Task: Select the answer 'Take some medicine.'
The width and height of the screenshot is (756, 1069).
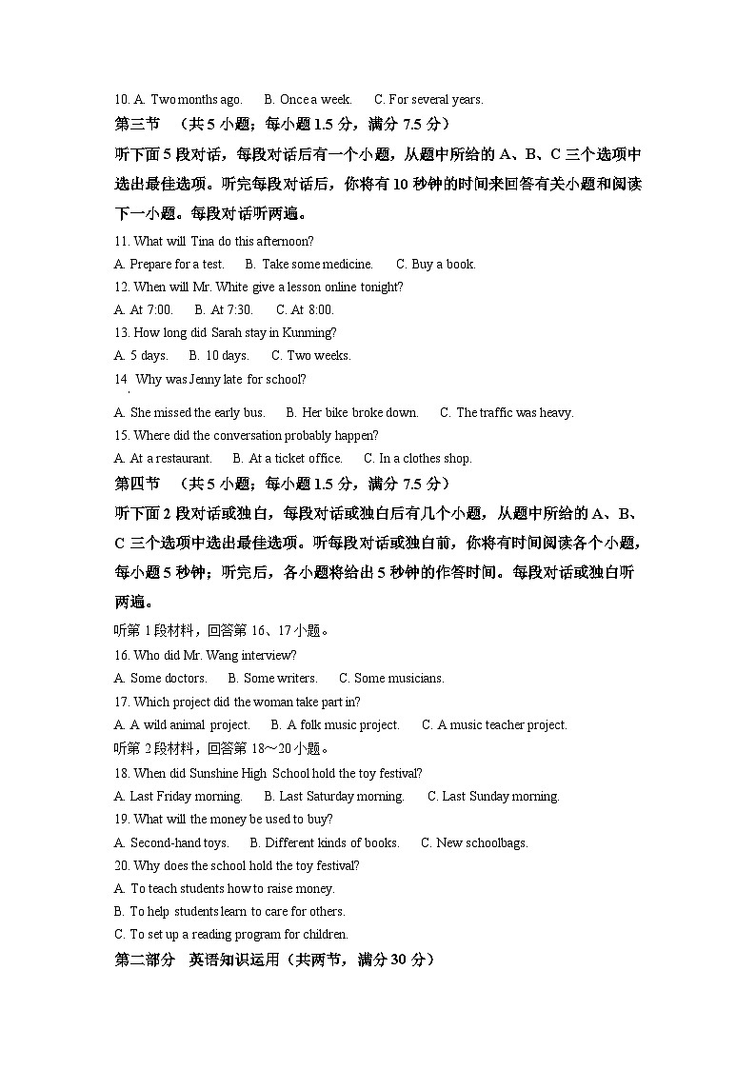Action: click(x=308, y=264)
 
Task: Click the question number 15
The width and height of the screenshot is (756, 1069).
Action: click(x=121, y=435)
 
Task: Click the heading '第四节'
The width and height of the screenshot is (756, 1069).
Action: click(x=137, y=483)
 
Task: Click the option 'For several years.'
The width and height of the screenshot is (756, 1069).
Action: click(x=428, y=99)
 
